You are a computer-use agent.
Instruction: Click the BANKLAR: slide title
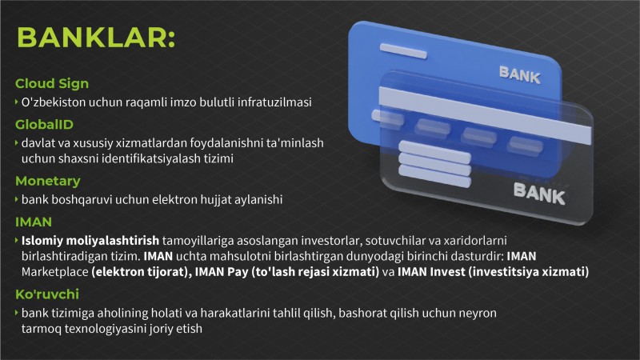coord(96,38)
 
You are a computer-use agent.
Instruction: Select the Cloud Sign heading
coord(52,84)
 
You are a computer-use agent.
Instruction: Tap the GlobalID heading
coord(44,125)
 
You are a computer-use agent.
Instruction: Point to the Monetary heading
coord(48,182)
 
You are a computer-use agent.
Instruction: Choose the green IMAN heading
coord(34,222)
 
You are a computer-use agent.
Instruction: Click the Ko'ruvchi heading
coord(47,294)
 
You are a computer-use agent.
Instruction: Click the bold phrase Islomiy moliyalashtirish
coord(90,241)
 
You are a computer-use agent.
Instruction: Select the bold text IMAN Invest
coord(431,272)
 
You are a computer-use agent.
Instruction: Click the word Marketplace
coord(54,272)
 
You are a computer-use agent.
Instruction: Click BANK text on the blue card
coord(519,75)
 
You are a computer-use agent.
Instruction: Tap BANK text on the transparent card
coord(539,194)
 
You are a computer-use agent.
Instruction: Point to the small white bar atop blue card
coord(403,50)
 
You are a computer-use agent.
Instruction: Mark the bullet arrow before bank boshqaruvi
coord(16,199)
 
